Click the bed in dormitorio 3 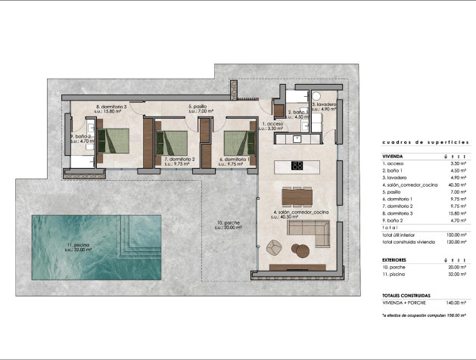[117, 141]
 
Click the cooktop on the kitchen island [297, 166]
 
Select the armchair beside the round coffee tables [275, 246]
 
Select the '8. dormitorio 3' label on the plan [110, 107]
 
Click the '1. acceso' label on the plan [272, 123]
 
